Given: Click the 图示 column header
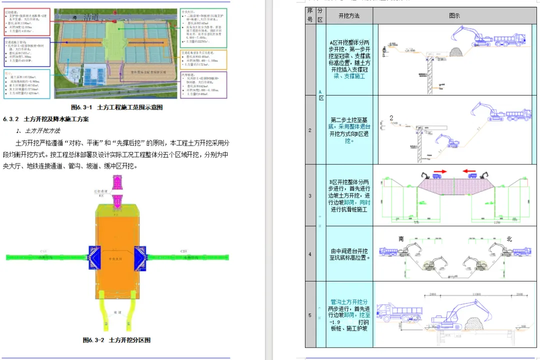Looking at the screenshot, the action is point(454,16).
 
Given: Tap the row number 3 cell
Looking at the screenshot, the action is point(310,196).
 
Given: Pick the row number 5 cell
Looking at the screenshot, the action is point(310,315).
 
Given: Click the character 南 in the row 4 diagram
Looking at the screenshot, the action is point(401,239).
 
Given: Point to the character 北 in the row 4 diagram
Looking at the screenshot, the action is point(509,239).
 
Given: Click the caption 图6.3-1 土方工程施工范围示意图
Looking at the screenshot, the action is point(116,107).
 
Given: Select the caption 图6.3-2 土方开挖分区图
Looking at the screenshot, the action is point(116,340).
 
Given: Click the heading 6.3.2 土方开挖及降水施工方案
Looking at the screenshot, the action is point(46,119).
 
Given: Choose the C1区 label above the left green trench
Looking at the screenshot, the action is point(43,251).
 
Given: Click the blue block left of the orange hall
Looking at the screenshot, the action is point(95,257).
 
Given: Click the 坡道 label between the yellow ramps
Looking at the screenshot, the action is point(117,312).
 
